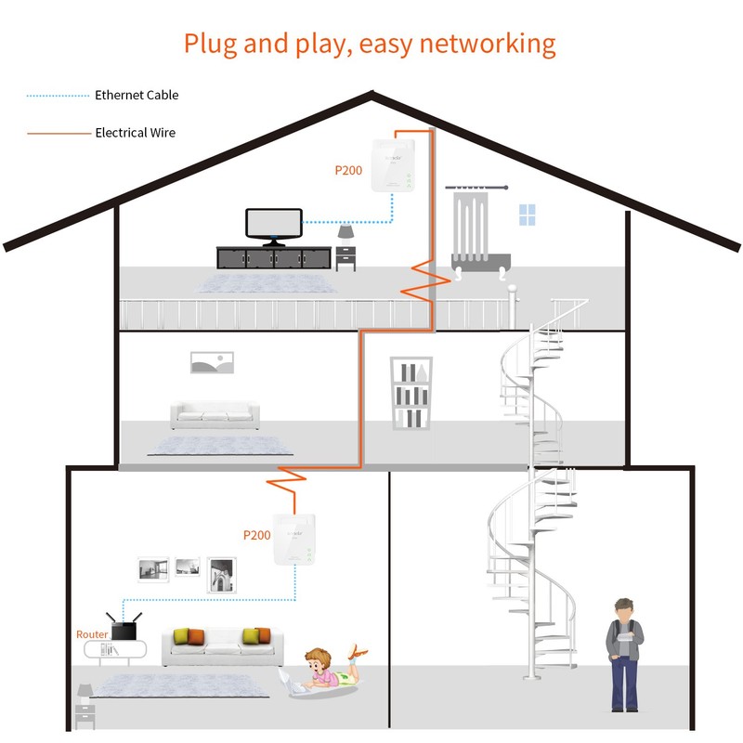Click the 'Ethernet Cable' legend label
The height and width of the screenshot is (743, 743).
pos(136,95)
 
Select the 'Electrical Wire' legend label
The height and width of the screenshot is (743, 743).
pos(135,133)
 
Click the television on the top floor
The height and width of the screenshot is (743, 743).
pos(273,225)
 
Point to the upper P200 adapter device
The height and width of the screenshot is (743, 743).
pos(392,166)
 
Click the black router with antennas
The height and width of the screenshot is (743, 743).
pos(122,628)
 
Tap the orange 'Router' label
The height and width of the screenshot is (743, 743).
pos(92,634)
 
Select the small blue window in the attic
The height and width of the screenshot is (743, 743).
pos(527,215)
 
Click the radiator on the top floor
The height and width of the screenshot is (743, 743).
pos(476,229)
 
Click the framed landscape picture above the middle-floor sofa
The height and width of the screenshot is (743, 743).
pos(210,362)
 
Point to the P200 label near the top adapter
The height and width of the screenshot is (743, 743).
pos(349,171)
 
